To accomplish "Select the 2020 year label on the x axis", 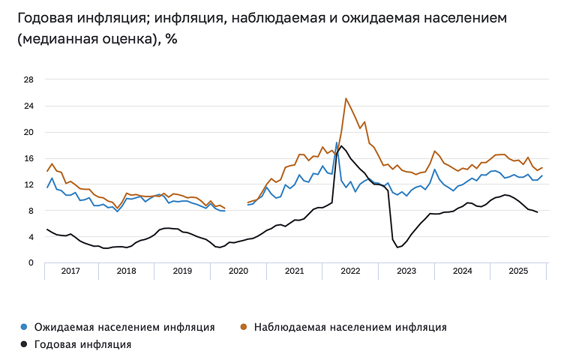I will coord(238,271).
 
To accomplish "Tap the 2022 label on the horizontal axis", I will coord(350,271).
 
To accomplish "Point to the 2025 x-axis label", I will coord(517,271).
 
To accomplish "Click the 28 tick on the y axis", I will coord(29,80).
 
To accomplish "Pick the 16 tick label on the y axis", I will coord(29,158).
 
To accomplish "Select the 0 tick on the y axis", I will coord(31,263).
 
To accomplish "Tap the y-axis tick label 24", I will coord(29,106).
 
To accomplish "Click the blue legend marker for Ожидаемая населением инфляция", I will coord(24,327).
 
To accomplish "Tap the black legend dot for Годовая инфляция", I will coord(24,345).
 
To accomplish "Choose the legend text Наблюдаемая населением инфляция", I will coord(350,327).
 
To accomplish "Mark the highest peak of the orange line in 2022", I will coord(346,98).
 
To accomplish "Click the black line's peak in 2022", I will coord(342,146).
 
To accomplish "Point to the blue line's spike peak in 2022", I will coord(337,142).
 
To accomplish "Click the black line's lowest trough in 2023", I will coord(397,247).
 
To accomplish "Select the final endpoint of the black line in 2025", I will coord(537,213).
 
